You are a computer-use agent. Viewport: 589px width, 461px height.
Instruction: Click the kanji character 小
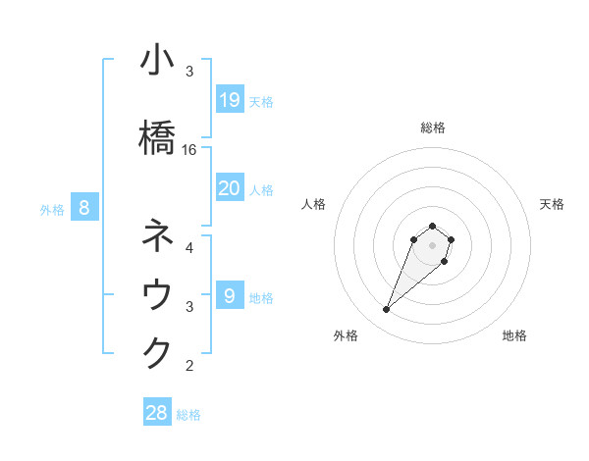[x=157, y=61]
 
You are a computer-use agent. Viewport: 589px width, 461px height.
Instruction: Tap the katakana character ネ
[x=157, y=236]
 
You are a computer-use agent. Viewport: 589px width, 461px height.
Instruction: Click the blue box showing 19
[x=229, y=100]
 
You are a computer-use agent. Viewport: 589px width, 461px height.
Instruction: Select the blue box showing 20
[x=229, y=188]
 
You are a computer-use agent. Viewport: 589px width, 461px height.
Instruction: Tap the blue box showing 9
[x=229, y=296]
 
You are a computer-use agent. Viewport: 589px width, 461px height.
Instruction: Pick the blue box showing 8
[x=84, y=207]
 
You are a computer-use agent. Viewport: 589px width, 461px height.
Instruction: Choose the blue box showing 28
[x=157, y=413]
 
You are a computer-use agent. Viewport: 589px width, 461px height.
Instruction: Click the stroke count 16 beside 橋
[x=189, y=150]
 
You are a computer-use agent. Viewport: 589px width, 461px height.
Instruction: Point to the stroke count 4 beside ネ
[x=189, y=247]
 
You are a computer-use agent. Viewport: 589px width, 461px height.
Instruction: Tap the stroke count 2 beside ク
[x=189, y=366]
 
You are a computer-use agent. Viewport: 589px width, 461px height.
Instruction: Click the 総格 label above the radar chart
[x=433, y=128]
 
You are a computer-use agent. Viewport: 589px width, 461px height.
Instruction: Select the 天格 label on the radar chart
[x=552, y=204]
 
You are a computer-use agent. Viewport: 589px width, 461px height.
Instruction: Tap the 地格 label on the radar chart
[x=514, y=335]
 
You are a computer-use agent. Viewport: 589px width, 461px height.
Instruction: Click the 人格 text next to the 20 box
[x=261, y=190]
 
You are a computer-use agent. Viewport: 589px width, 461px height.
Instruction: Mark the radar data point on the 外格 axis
[x=387, y=310]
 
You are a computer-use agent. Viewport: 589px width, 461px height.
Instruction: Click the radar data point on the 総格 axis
[x=433, y=225]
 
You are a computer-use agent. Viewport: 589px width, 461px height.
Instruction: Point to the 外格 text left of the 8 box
[x=52, y=209]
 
